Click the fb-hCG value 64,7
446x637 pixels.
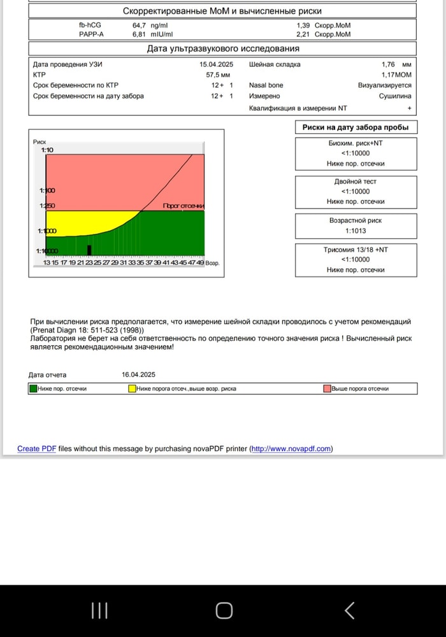click(140, 25)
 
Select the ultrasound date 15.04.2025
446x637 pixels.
click(217, 64)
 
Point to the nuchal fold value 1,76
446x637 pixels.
click(389, 64)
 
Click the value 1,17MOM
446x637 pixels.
click(396, 75)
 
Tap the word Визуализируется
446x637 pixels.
click(384, 85)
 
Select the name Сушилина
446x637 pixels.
click(395, 96)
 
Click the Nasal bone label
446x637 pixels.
click(266, 85)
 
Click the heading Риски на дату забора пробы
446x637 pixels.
click(356, 127)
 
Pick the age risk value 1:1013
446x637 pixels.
click(356, 231)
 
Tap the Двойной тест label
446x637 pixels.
click(356, 182)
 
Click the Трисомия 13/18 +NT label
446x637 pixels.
click(356, 250)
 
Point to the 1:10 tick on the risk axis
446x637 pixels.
click(47, 150)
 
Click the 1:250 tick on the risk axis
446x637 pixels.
click(47, 206)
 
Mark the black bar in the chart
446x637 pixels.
click(89, 250)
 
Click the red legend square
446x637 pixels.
click(327, 389)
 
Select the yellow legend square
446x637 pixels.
click(133, 389)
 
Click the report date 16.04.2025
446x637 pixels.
click(138, 375)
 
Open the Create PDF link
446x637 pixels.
click(37, 448)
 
